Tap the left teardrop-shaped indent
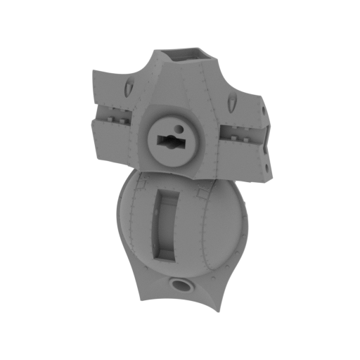point(131,88)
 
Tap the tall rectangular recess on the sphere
point(167,221)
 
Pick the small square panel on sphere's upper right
point(205,190)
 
